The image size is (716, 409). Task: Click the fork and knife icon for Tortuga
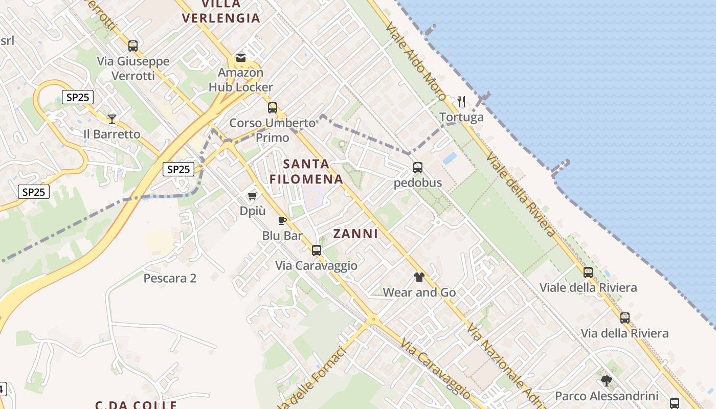coord(461,101)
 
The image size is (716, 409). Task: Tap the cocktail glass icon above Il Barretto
coord(112,119)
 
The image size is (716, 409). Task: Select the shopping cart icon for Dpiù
coord(252,196)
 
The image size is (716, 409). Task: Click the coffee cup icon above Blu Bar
coord(282,220)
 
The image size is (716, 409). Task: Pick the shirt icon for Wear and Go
coord(419,277)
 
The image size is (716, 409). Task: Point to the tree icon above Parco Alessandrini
coord(606,380)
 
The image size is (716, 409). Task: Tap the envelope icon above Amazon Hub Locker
coord(240,57)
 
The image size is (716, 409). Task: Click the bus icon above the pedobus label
coord(418,167)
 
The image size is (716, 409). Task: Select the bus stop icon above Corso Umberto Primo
coord(273,107)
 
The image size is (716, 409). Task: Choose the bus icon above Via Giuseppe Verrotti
coord(133,46)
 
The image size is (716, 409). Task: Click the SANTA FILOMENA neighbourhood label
coord(306,172)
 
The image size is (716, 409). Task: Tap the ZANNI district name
coord(355,234)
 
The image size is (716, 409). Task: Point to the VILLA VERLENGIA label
coord(221,11)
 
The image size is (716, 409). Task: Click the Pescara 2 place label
coord(170,279)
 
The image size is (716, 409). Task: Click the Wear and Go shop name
coord(419,293)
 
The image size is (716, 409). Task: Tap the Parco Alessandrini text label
coord(606,396)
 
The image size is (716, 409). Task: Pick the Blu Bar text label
coord(282,236)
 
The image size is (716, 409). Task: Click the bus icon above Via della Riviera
coord(624,317)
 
